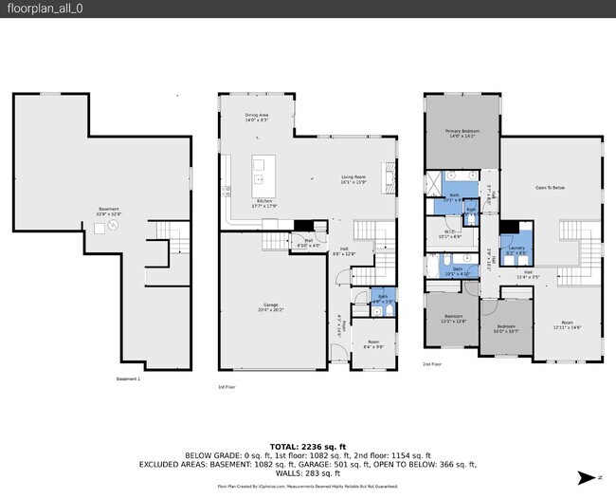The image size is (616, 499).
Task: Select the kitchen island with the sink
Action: pyautogui.click(x=259, y=172)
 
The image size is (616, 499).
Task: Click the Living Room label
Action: pyautogui.click(x=353, y=179)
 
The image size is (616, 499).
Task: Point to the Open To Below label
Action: pyautogui.click(x=550, y=188)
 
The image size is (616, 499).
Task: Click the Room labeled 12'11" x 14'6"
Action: pyautogui.click(x=567, y=324)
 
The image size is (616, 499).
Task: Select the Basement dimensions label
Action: pyautogui.click(x=110, y=212)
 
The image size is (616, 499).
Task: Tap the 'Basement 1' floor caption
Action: pyautogui.click(x=128, y=379)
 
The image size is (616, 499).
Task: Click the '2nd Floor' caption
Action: pyautogui.click(x=432, y=364)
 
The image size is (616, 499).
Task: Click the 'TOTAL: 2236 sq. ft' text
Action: pyautogui.click(x=307, y=445)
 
